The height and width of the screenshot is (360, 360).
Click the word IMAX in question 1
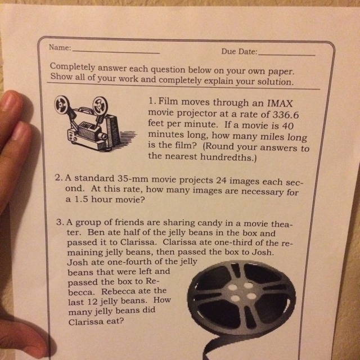click(280, 103)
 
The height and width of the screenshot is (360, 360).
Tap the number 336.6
click(285, 115)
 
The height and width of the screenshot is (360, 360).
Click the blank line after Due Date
click(286, 55)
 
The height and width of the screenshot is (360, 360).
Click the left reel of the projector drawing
click(61, 105)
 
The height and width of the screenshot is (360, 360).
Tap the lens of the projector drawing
click(103, 137)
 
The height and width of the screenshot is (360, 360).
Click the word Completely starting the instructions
click(73, 66)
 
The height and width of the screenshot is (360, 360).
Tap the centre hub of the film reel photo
click(242, 292)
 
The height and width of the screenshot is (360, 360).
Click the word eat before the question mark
click(115, 321)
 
